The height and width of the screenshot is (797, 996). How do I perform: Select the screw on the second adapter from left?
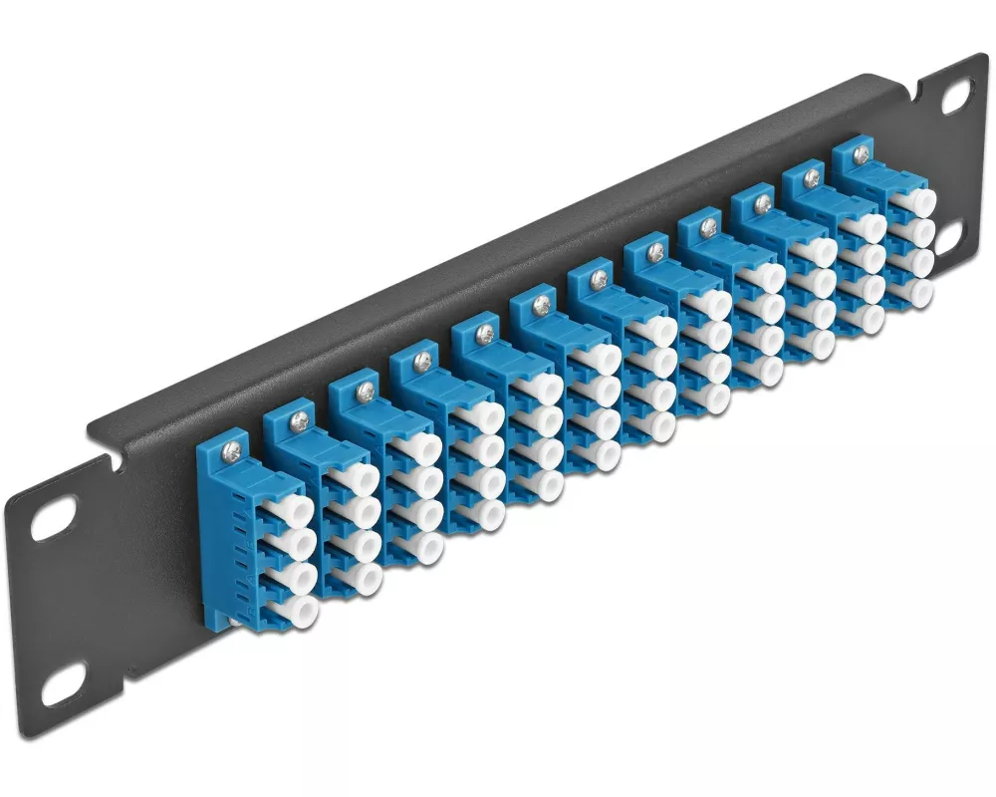coord(297,422)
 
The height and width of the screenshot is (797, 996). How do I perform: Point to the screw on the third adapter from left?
coord(363,393)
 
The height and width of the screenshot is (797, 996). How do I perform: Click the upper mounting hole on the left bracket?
coord(50,524)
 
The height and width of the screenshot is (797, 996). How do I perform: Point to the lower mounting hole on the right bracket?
coord(947,234)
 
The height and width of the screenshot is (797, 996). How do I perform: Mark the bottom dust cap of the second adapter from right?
coord(869,318)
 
